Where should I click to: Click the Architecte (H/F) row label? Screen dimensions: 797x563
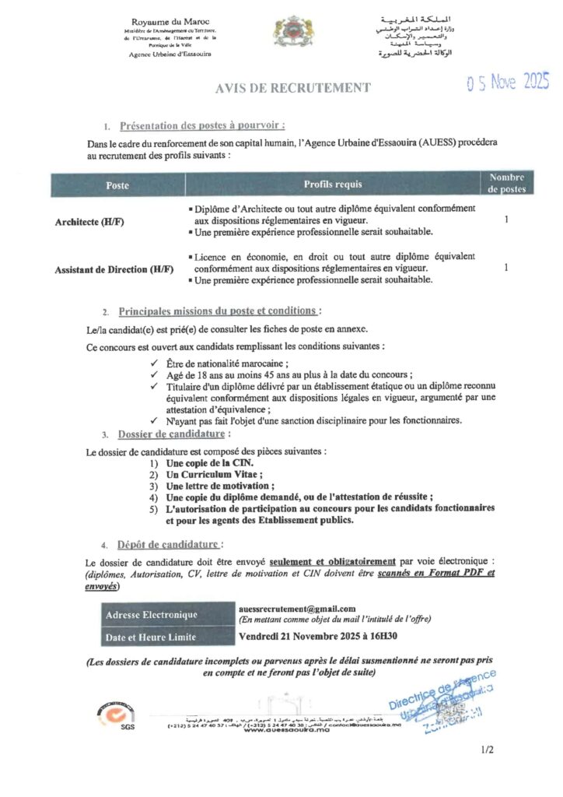[x=89, y=222]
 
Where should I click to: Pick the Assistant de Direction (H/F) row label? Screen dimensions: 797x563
[x=114, y=269]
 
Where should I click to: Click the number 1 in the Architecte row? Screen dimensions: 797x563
[x=506, y=220]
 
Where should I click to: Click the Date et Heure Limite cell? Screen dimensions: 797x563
[x=151, y=637]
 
